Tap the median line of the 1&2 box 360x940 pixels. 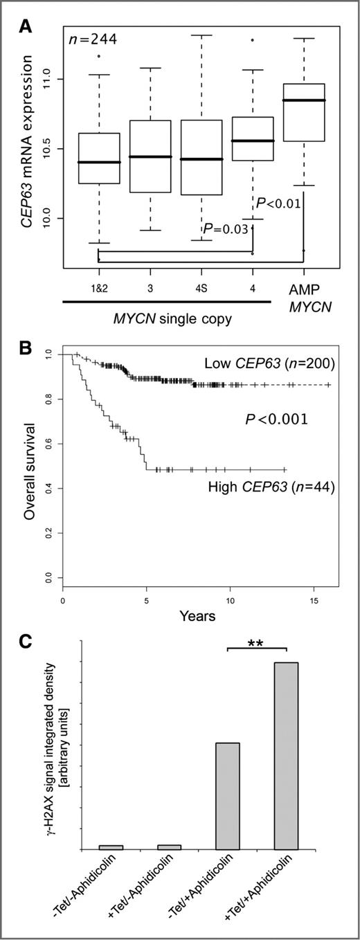(99, 162)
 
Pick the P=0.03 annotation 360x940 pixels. (225, 228)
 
